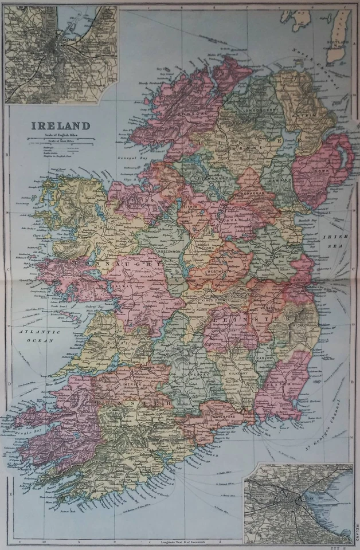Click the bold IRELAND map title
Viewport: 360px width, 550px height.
pyautogui.click(x=60, y=125)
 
